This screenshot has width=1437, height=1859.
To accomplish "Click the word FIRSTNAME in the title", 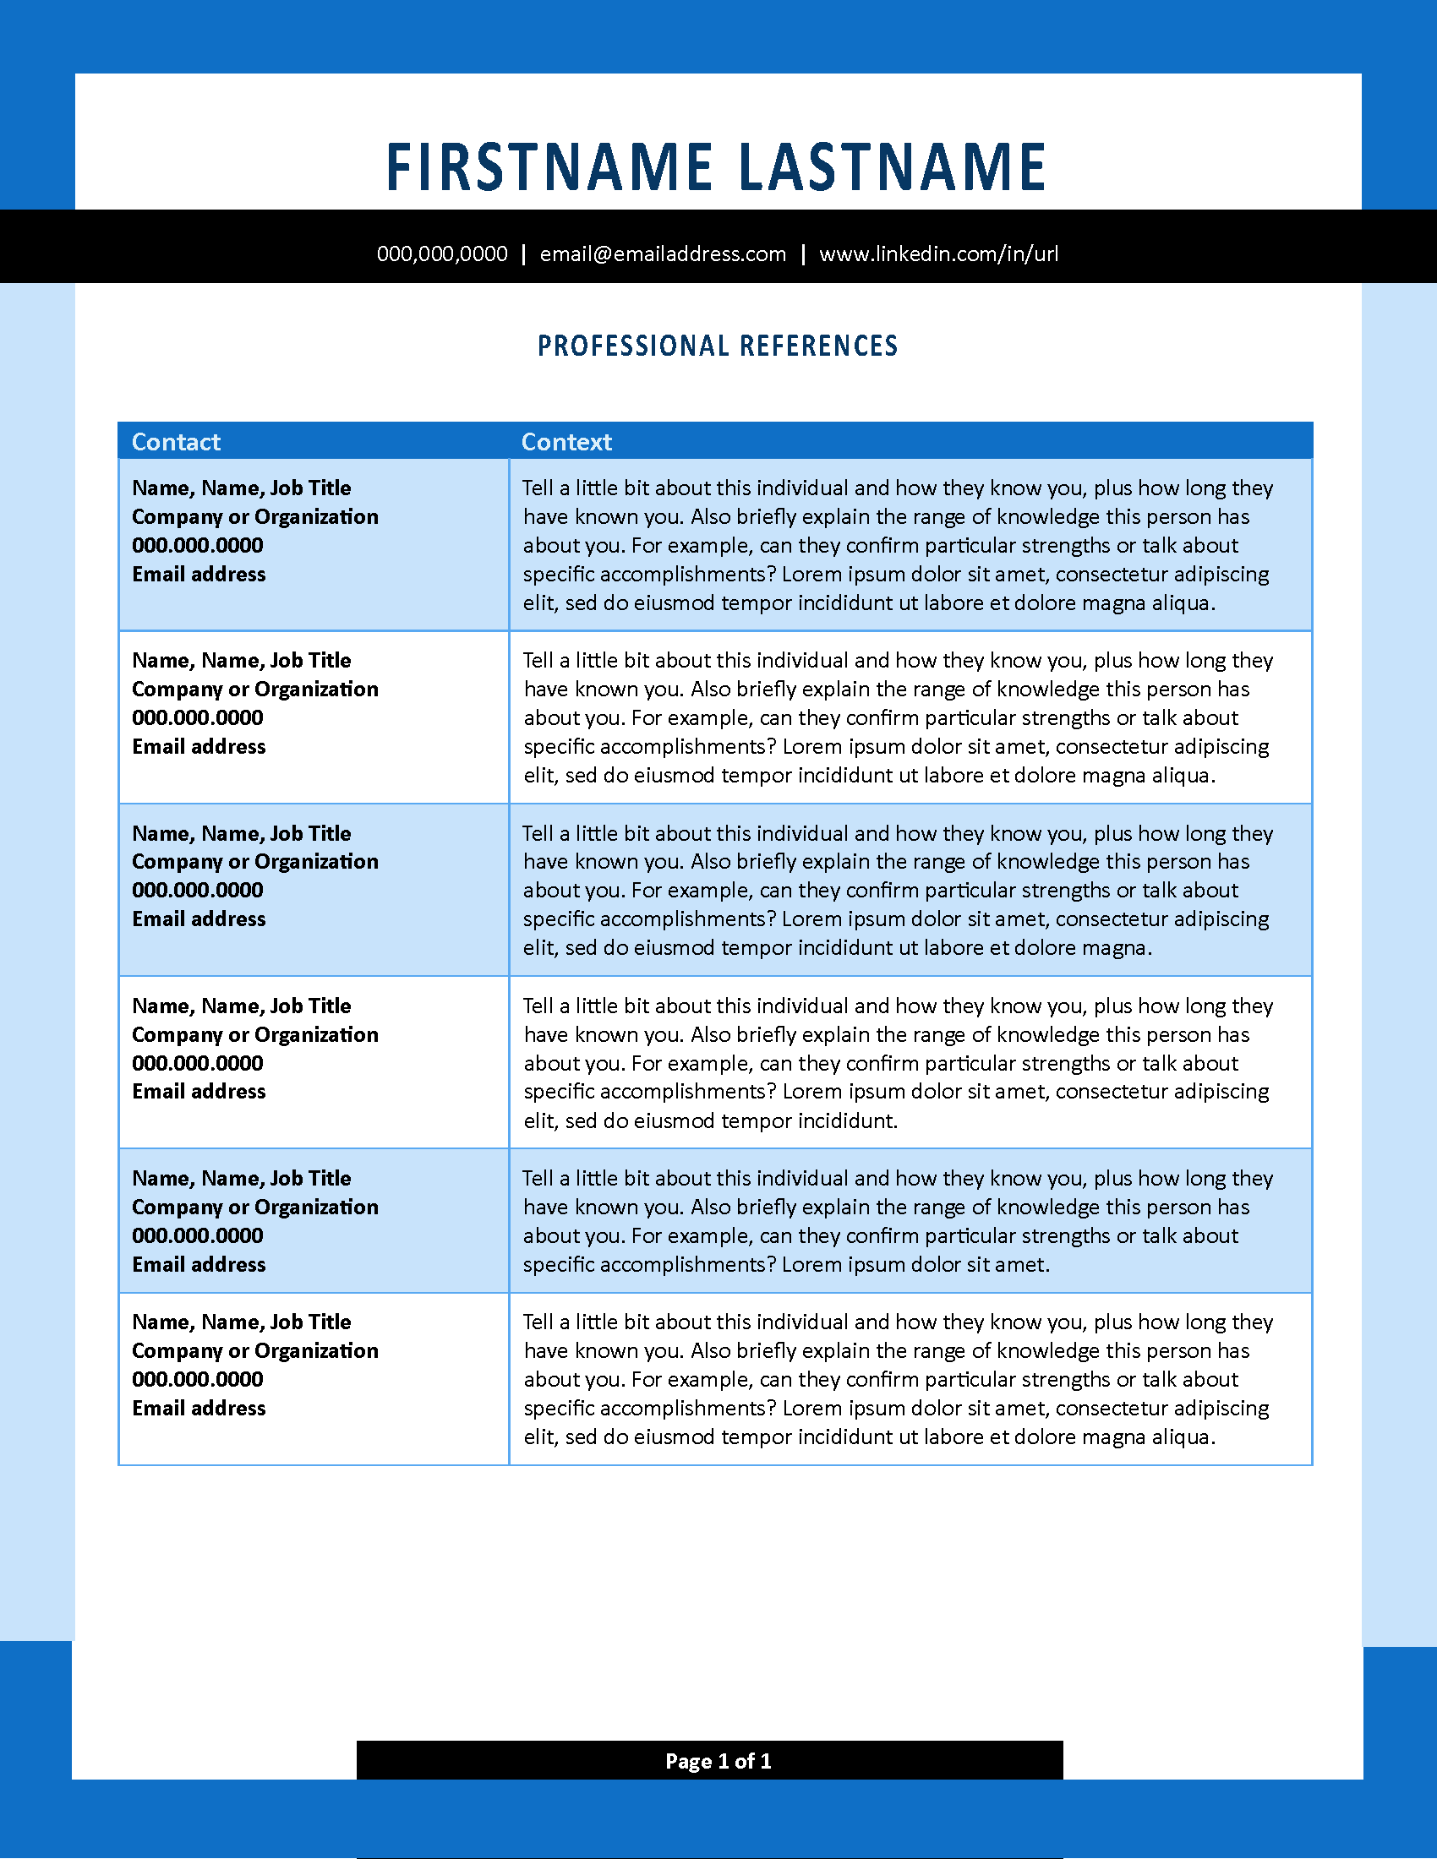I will [549, 166].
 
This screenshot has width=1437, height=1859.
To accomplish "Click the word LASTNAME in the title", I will [892, 166].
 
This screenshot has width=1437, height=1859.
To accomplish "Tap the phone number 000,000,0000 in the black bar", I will [442, 254].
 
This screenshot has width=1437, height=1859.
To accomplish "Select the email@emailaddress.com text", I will [663, 254].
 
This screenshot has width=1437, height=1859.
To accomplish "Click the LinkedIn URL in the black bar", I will [938, 254].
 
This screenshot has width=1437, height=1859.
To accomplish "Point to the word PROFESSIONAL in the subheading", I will [632, 346].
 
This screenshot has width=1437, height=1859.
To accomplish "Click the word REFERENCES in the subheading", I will [818, 346].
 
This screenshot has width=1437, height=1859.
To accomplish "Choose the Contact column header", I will [176, 442].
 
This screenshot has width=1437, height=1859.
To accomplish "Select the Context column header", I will [566, 442].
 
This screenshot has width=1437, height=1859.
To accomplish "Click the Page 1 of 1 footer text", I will [718, 1761].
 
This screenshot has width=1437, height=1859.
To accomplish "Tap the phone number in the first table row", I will [198, 546].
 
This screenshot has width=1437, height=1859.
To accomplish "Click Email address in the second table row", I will [199, 746].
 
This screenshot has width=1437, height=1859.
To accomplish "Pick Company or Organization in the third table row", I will [254, 861].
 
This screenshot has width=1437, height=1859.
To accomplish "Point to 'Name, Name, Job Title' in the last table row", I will [241, 1322].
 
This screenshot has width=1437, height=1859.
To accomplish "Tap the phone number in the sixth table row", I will [198, 1380].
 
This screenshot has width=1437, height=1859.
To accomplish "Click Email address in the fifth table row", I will [199, 1265].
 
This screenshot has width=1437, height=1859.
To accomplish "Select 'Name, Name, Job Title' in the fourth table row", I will [241, 1006].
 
